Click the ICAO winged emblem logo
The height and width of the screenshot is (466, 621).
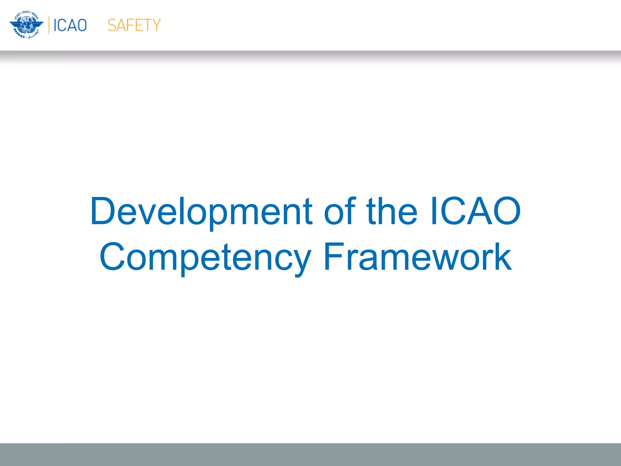(26, 25)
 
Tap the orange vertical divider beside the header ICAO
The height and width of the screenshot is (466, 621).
(49, 25)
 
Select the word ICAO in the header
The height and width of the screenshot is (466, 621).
(70, 25)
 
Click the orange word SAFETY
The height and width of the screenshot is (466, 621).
(134, 25)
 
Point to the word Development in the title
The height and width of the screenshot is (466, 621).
(201, 211)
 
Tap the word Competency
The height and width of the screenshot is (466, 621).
(205, 257)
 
